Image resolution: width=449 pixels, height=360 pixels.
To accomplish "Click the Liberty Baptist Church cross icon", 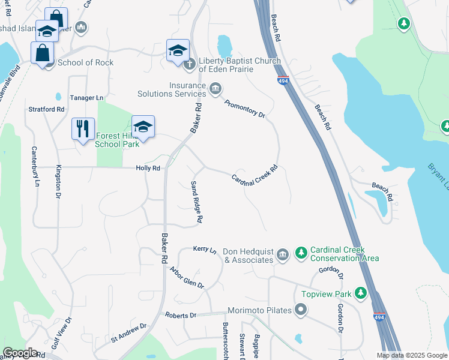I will [x=190, y=64].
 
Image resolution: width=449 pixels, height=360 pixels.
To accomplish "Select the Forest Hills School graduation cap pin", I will [x=143, y=127].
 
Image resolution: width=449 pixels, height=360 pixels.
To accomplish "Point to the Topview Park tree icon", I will [x=361, y=293].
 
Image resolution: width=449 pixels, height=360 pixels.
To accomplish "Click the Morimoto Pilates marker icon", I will [x=301, y=310].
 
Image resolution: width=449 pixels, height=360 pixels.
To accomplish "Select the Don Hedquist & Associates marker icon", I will [x=283, y=255].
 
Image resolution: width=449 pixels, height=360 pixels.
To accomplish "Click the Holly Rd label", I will [x=148, y=169].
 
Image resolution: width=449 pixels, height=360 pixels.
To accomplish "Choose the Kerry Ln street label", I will [x=204, y=248].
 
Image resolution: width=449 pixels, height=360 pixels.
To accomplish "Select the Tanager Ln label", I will [x=87, y=98].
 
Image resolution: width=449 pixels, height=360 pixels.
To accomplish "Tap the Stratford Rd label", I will [x=46, y=109].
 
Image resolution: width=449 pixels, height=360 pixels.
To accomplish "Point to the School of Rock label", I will [x=85, y=62].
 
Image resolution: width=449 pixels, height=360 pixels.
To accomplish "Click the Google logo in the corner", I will [x=19, y=353].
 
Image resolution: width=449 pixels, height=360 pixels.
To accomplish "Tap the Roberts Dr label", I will [x=181, y=315].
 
